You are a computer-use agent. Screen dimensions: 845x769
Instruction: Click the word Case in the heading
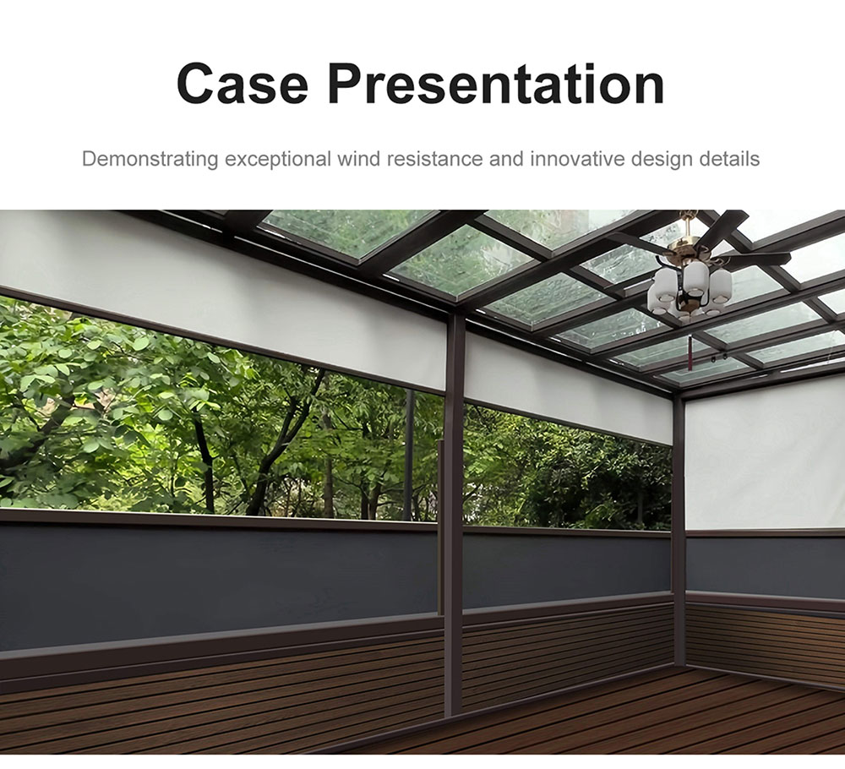point(243,84)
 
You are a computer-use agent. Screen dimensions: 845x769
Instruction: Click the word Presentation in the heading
point(496,84)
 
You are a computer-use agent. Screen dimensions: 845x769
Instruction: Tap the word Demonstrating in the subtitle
point(150,160)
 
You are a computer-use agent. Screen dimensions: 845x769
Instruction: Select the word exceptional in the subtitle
point(278,160)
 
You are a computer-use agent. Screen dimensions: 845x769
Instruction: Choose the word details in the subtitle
point(730,159)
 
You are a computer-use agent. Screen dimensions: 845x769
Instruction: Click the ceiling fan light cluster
point(690,291)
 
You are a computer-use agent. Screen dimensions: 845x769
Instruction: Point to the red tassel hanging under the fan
point(690,353)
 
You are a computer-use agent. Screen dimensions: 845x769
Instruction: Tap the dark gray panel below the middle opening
point(567,569)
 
